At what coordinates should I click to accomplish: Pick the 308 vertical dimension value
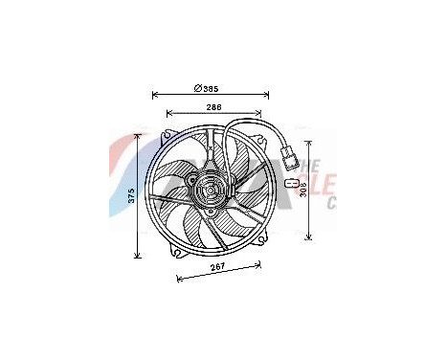click(x=302, y=189)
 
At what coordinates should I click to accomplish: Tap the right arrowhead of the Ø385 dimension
click(x=267, y=96)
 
